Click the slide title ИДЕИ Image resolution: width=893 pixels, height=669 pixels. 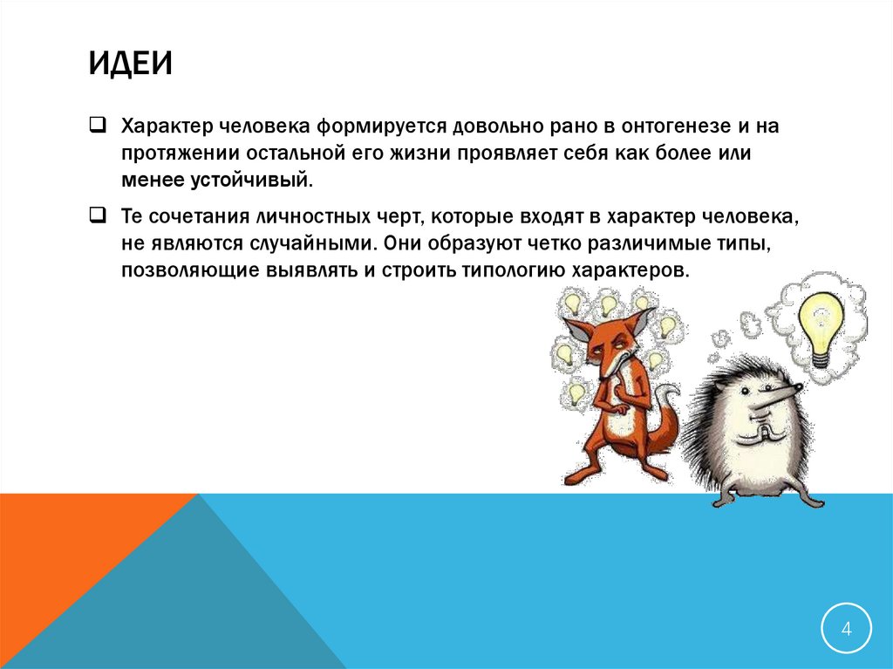[x=130, y=64]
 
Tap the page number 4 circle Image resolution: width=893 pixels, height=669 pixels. [x=845, y=628]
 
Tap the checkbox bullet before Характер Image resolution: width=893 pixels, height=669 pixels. [x=97, y=125]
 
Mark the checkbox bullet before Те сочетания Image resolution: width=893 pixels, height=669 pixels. [x=97, y=214]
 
